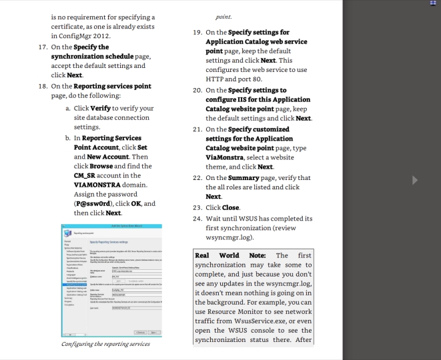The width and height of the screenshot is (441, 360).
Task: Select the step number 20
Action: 197,90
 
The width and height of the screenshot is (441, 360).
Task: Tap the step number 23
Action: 197,207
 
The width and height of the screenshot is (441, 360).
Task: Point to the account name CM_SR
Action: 86,175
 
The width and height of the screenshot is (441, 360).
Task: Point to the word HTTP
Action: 217,79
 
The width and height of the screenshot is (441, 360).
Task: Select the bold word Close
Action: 231,207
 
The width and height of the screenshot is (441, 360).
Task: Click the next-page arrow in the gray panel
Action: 414,180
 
